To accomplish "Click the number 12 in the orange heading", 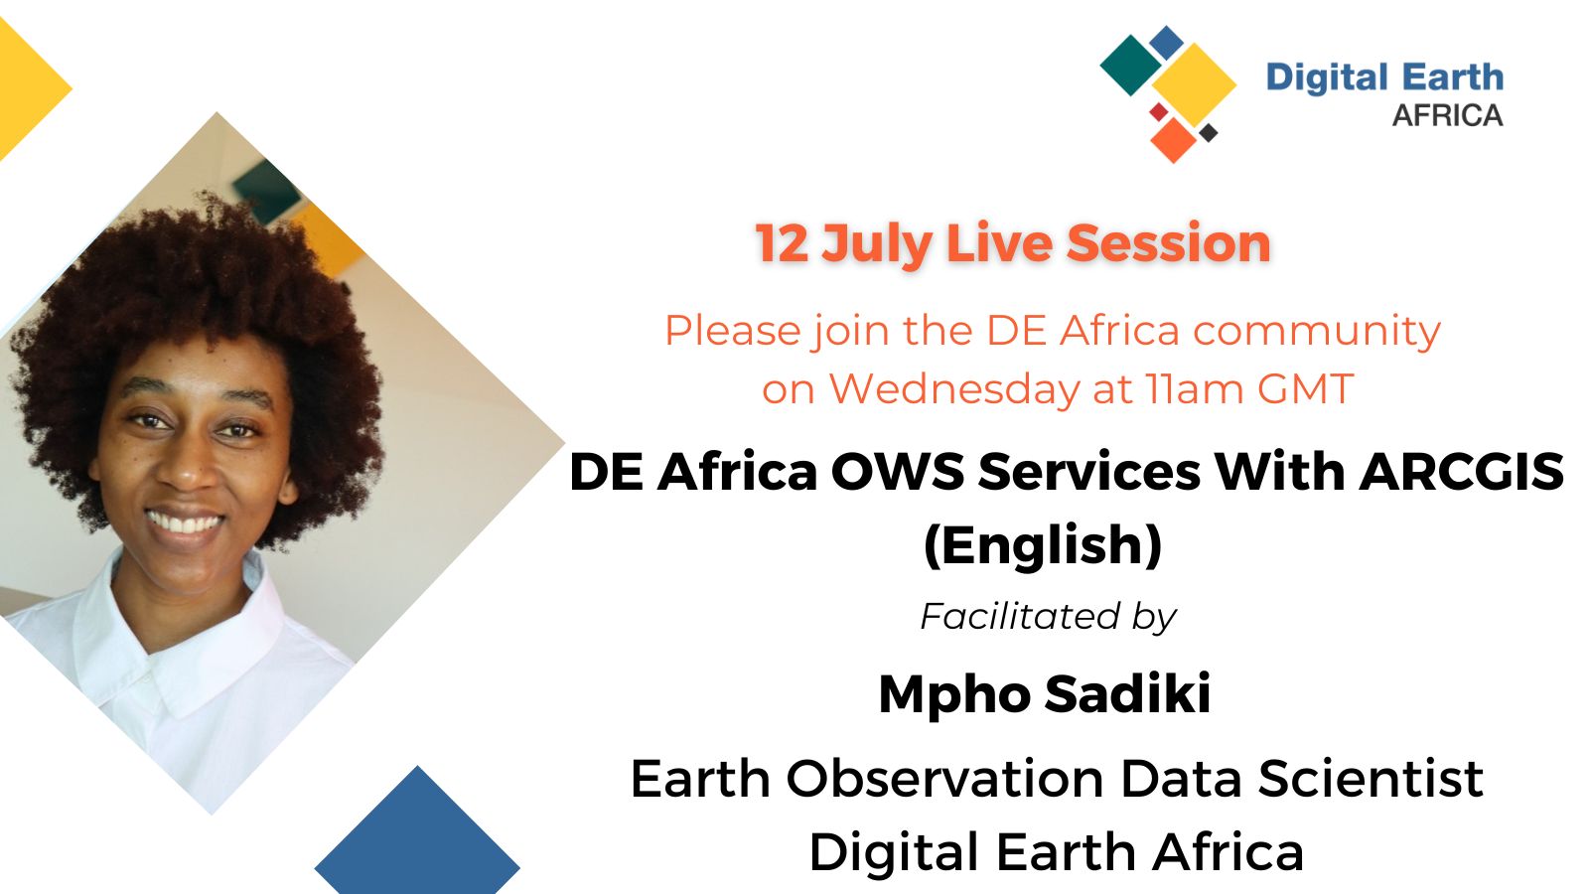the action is tap(782, 243).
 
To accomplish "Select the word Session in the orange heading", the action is tap(1168, 243).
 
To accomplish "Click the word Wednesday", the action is tap(954, 389).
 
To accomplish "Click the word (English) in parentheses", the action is tap(1043, 545).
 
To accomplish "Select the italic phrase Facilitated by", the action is tap(1049, 617).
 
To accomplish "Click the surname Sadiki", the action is tap(1128, 693).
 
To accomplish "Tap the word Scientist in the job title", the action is tap(1371, 779).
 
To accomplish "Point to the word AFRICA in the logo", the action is tap(1448, 115).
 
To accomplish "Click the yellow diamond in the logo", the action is tap(1194, 85).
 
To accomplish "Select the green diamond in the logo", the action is tap(1131, 66).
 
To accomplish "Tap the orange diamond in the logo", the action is tap(1173, 140).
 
